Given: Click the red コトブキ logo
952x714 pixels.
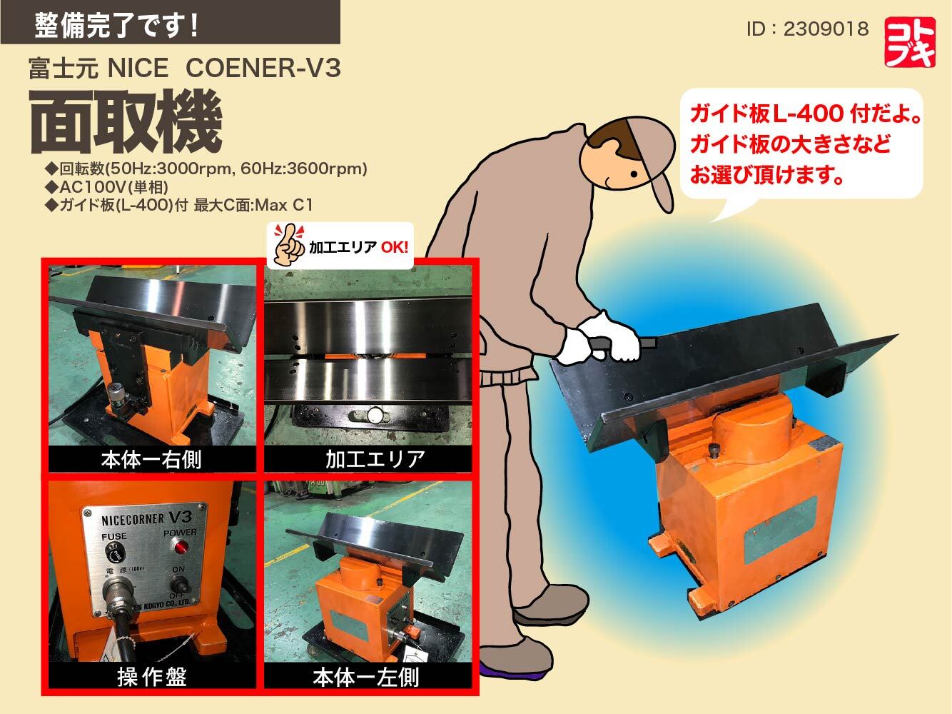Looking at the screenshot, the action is tap(910, 42).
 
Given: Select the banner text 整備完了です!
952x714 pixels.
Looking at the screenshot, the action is tap(116, 25).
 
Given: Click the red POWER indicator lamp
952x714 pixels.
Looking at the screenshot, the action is tap(180, 546).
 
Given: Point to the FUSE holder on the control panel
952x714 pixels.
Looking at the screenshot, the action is tap(115, 553).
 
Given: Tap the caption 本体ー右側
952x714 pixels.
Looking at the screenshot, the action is tap(151, 460).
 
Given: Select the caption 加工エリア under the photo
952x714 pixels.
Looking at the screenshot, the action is tap(375, 460).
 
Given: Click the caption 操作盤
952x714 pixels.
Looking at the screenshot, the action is tap(152, 677).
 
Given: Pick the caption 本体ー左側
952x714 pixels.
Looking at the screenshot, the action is tap(367, 677).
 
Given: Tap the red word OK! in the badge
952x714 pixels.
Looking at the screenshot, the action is tap(394, 247).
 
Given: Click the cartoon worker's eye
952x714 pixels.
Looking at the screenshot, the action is tap(634, 174).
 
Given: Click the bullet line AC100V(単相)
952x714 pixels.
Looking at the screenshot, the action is tap(107, 187).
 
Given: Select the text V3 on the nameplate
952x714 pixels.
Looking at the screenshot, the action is tap(181, 517).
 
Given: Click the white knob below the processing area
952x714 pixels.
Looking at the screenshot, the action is tap(374, 415).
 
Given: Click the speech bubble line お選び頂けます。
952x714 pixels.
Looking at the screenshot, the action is tap(766, 174).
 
